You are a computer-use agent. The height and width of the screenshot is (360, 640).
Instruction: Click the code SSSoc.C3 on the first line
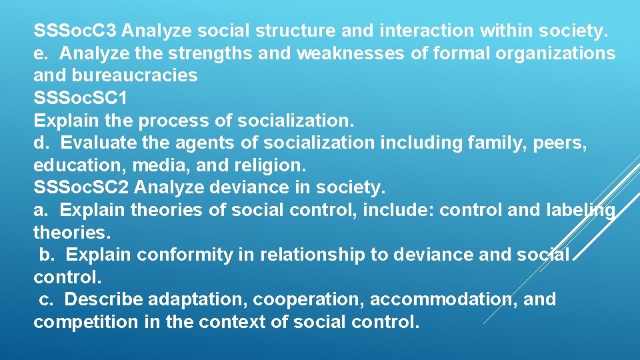[75, 31]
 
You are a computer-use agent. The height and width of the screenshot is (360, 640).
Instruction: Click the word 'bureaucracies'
[138, 75]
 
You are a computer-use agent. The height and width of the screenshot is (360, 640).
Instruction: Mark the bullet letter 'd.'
[41, 143]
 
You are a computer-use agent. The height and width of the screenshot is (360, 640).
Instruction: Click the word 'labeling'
[576, 211]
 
